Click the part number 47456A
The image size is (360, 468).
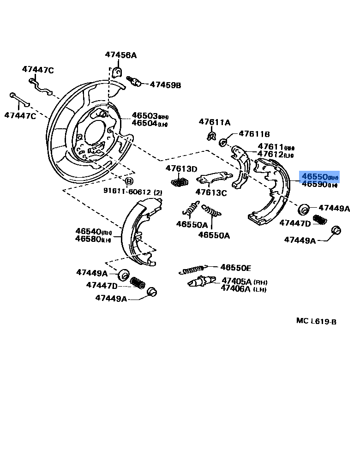[120, 55]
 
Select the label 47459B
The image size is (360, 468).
[165, 85]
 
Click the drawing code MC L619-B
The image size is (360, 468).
[316, 321]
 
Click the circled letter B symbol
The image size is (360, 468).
[129, 180]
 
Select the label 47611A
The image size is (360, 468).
[214, 122]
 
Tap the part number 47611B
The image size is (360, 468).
[254, 134]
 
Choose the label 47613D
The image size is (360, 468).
[181, 169]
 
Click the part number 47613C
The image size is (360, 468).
[211, 193]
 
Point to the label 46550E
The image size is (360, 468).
[235, 267]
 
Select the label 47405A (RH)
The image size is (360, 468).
[244, 281]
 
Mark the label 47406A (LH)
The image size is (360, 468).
[244, 289]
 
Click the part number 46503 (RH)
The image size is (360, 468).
[150, 115]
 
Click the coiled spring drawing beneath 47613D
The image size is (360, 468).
[180, 182]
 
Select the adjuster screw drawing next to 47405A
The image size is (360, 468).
[201, 281]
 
